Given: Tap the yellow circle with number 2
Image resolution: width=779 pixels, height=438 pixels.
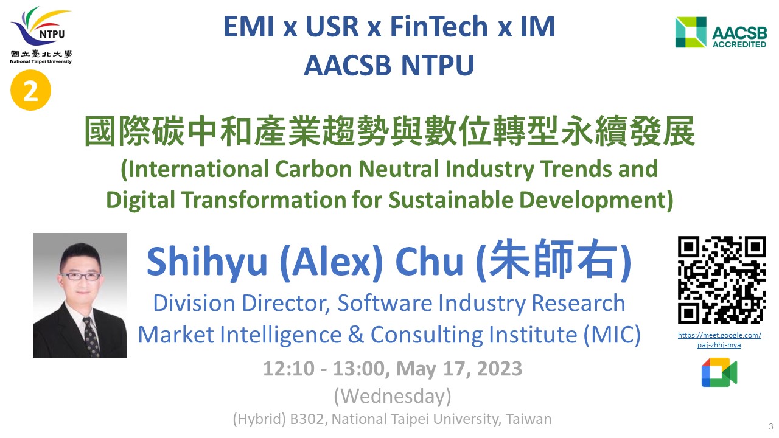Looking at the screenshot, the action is tap(30, 90).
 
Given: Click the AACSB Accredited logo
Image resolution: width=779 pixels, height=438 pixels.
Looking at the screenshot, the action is tap(721, 32).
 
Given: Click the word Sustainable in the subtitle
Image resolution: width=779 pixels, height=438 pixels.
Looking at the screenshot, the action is tap(451, 200).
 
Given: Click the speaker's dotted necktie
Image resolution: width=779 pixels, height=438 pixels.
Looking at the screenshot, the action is tap(91, 336).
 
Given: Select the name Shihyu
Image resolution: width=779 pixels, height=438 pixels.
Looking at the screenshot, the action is tap(207, 262).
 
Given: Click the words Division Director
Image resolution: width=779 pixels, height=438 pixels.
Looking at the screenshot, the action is tap(242, 303).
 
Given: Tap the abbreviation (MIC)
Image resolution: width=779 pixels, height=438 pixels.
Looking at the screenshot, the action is tap(612, 335).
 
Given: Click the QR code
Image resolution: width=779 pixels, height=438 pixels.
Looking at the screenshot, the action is tap(722, 280).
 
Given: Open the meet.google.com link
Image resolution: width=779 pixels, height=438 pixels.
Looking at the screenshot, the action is tap(719, 339).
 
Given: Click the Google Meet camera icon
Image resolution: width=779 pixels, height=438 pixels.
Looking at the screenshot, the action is tap(719, 372).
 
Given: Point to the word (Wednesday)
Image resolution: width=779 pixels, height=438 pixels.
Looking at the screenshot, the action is tap(393, 396).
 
